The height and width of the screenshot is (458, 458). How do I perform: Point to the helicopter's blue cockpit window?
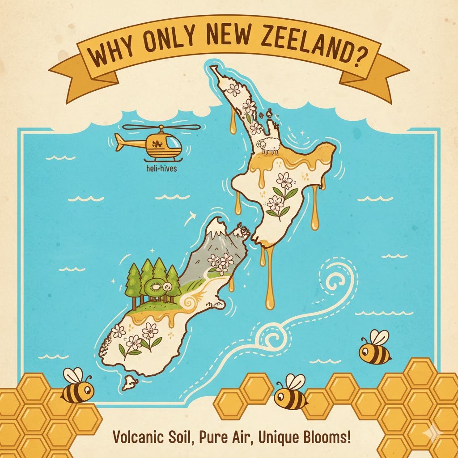coord(173,143)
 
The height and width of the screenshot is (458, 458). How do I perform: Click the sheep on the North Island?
coord(267,145)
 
